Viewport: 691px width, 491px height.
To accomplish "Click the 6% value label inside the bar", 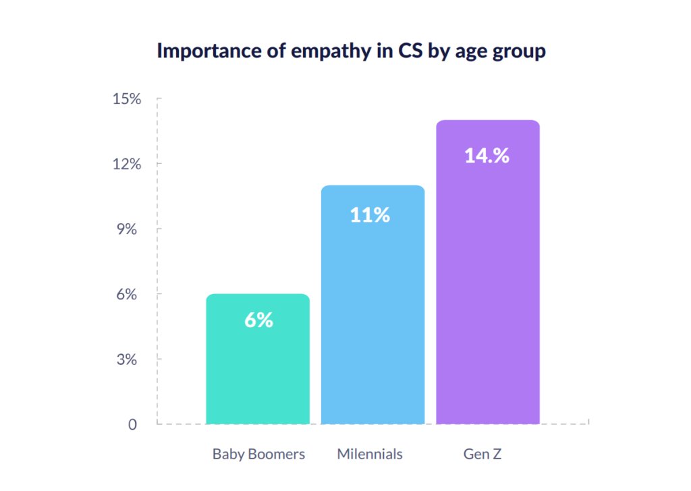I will click(258, 320).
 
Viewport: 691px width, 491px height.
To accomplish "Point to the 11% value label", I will click(370, 215).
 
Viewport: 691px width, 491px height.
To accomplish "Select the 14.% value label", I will click(487, 156).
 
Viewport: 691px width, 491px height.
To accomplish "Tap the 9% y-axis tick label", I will click(128, 229).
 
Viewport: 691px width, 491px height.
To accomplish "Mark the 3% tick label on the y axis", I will click(128, 359).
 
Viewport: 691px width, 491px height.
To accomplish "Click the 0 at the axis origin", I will click(133, 425).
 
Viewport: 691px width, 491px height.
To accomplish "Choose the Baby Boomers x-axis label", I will click(258, 454).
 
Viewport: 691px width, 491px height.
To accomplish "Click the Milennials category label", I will click(370, 454).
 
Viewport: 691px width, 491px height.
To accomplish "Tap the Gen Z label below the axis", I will click(482, 454).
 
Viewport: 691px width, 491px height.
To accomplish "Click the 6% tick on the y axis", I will click(128, 295).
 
